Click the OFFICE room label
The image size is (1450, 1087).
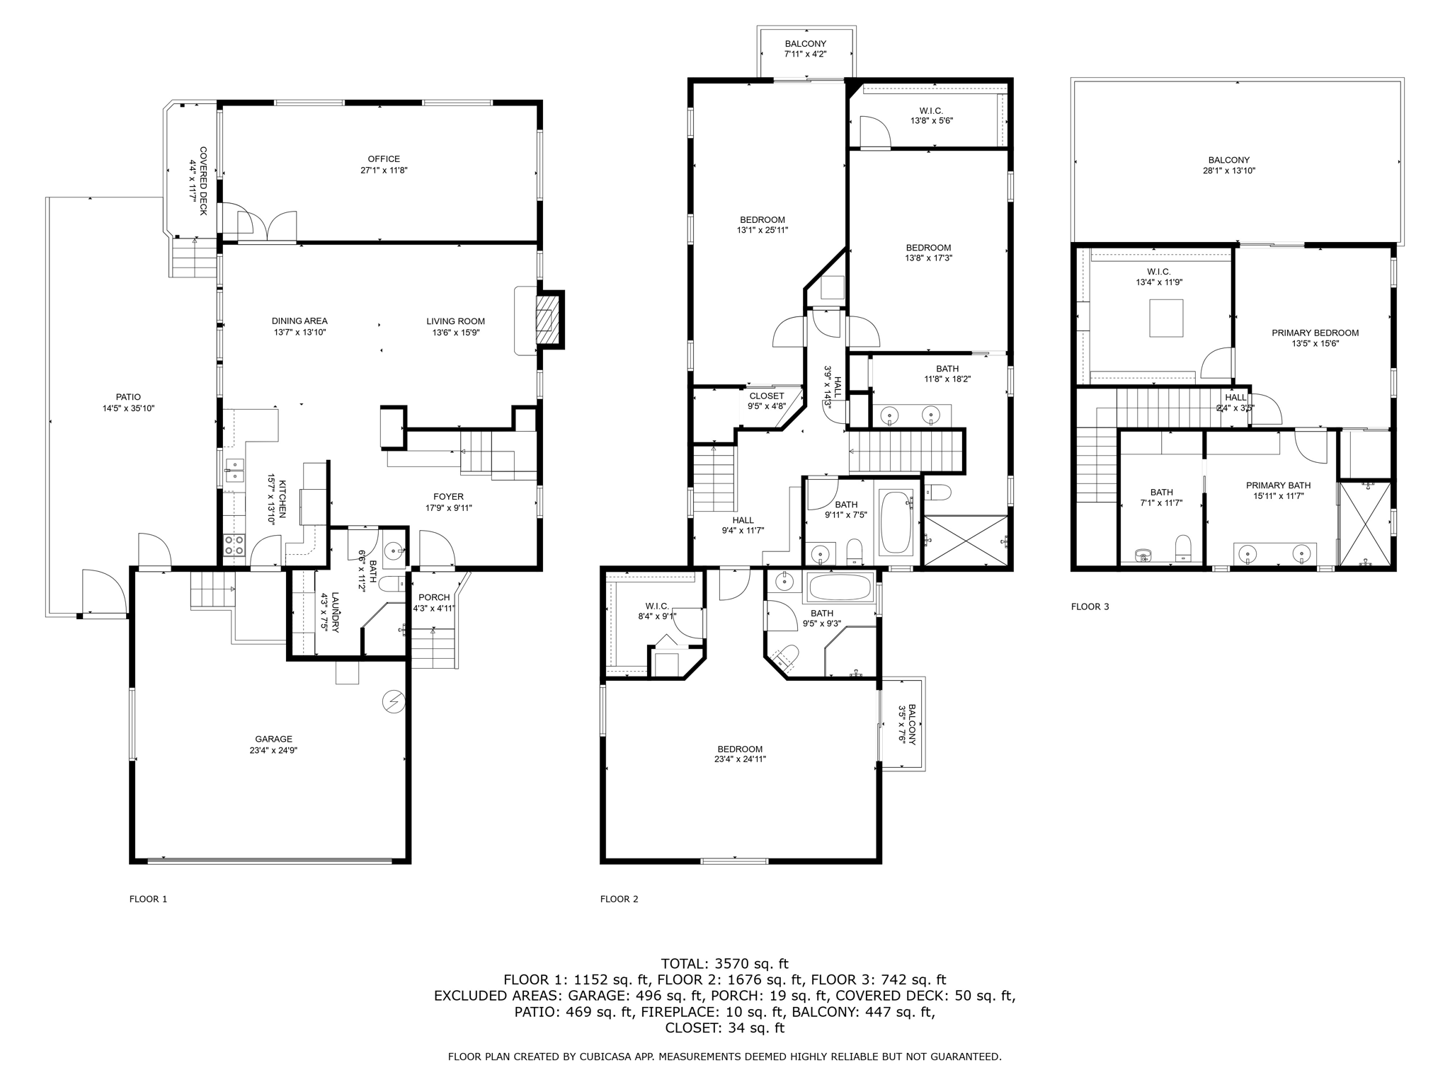(384, 159)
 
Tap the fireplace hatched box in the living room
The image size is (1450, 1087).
(544, 320)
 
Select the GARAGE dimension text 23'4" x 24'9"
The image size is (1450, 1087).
(273, 751)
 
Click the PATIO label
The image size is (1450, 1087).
(128, 397)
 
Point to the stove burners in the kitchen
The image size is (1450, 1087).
(234, 545)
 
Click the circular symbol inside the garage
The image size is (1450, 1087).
(393, 701)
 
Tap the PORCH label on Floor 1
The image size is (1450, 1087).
(434, 597)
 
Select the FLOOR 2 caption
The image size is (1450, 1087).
(619, 899)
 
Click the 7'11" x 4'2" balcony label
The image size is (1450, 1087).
(805, 54)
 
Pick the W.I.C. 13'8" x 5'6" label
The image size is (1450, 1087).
(931, 111)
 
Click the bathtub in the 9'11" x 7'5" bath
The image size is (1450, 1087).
(896, 522)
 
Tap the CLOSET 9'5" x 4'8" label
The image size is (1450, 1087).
(767, 396)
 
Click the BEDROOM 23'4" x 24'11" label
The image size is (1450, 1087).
(740, 749)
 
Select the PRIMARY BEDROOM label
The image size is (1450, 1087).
(1315, 333)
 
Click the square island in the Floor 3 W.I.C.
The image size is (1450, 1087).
(1165, 318)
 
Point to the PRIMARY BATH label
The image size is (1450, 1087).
(1278, 485)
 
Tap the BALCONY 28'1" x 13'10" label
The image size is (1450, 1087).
(1228, 160)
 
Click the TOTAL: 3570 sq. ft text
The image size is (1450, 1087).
(724, 963)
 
